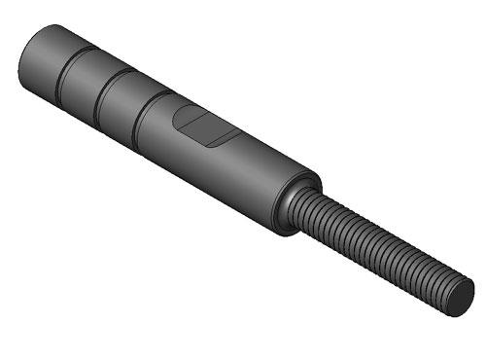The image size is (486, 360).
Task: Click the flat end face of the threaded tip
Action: coord(461,297)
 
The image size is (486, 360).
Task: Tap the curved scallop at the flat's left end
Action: coord(178,118)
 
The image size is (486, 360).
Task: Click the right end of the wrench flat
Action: coord(231,137)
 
